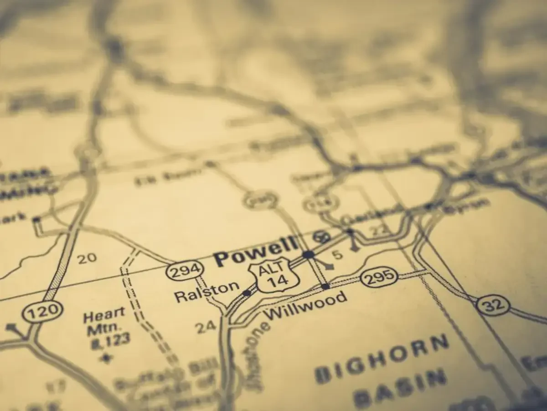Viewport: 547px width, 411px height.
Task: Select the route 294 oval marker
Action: (184, 272)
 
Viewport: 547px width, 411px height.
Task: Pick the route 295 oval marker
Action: (379, 277)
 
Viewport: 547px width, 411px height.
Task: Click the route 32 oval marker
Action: (493, 305)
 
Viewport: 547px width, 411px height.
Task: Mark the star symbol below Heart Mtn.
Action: (106, 357)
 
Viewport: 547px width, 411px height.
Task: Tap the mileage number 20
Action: (87, 258)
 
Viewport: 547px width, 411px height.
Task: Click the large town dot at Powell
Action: (309, 254)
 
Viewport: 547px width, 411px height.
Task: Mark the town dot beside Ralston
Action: (247, 293)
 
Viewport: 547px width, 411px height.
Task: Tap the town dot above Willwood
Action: (325, 286)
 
